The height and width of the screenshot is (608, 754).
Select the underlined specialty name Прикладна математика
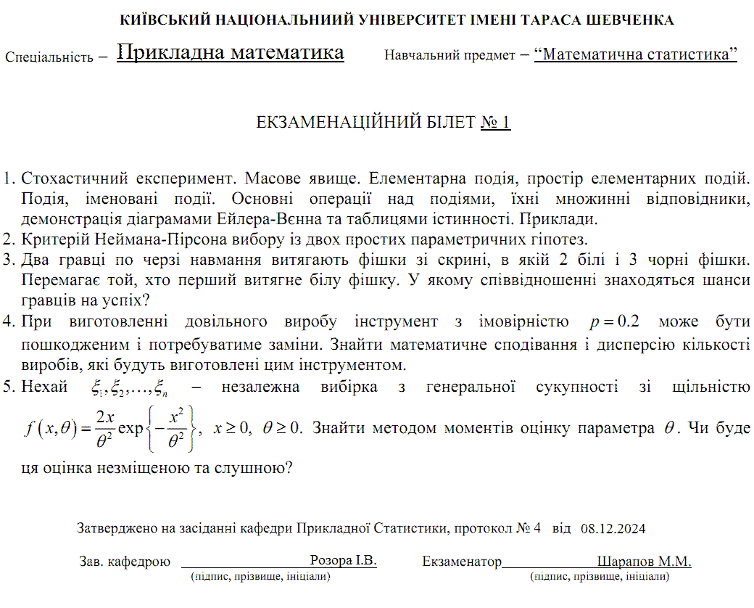(230, 53)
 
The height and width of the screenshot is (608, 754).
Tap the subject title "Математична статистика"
(635, 54)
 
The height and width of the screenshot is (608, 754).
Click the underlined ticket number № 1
(496, 122)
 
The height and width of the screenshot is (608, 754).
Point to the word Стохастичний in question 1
(72, 178)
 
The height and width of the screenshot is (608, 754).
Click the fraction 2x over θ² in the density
(105, 427)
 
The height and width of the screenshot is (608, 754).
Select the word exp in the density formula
(131, 427)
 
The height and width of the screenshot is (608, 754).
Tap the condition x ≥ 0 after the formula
(230, 427)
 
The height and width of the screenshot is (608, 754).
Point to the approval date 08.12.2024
(613, 528)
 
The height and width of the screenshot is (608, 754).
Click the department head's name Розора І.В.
(343, 561)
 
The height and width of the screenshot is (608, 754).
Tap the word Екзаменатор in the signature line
(462, 562)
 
